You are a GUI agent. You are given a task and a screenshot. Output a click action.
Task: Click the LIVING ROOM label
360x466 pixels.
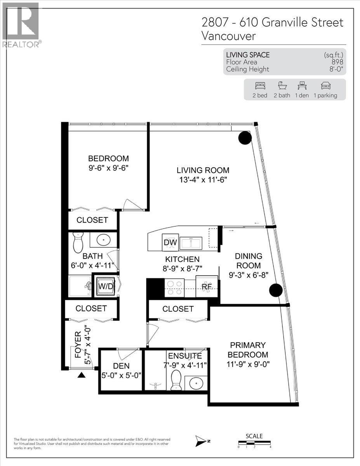coord(203,170)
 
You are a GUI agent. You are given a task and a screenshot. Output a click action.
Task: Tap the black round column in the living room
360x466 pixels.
coord(245,138)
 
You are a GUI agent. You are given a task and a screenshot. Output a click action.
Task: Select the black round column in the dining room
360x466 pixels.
coord(276,290)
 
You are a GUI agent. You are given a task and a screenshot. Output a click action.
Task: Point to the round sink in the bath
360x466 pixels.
coord(104,240)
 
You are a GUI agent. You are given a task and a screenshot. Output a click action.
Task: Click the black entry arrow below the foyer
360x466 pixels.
coord(82,375)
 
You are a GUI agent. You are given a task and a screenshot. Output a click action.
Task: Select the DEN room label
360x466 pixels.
coord(122,366)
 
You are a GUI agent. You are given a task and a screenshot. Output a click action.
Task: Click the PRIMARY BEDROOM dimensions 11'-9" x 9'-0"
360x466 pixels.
coord(247,364)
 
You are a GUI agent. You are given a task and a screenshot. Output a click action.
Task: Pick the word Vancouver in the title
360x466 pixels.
coord(229,36)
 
